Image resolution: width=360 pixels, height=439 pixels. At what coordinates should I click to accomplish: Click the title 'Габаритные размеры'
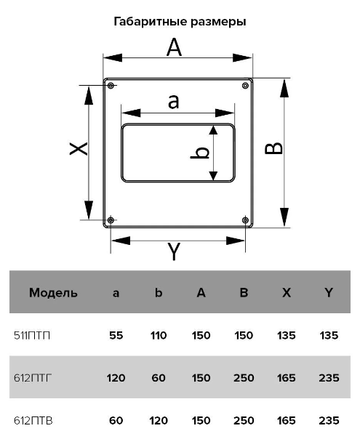coord(180,22)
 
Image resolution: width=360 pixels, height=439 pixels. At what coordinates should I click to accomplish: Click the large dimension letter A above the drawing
coord(174,47)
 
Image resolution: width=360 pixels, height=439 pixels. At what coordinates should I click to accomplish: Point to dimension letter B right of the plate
coord(273,148)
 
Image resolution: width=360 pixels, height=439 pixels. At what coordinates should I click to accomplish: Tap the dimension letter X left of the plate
coord(79,148)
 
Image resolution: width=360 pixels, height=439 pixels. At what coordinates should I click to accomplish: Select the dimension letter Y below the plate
coord(174,251)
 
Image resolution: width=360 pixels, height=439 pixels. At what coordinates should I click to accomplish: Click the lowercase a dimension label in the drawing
coord(173,102)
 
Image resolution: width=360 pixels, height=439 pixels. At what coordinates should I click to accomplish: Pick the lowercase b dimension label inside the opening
coord(200,153)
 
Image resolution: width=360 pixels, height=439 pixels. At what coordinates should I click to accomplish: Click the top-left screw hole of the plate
coord(111,85)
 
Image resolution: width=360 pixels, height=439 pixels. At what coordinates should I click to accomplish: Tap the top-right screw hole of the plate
coord(245,85)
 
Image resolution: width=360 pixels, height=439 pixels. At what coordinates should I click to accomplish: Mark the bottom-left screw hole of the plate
coord(111,220)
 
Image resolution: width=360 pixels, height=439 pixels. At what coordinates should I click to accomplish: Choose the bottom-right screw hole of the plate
coord(245,220)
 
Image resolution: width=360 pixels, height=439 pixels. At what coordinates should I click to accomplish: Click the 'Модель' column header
coord(53,293)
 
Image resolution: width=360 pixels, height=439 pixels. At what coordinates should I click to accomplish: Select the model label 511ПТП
coord(32,335)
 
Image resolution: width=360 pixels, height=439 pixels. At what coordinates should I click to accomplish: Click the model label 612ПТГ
coord(33,378)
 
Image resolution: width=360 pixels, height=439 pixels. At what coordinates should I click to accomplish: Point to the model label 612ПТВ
coord(33,421)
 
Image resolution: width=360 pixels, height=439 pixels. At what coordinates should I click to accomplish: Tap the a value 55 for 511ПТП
coord(116,335)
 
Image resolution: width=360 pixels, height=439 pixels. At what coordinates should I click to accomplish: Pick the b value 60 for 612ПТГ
coord(159,378)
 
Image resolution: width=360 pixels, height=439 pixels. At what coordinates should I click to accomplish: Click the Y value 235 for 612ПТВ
coord(329,421)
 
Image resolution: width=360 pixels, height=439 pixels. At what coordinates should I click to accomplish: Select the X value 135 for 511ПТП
coord(287,335)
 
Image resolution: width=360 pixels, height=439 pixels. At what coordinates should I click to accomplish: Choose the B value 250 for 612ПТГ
coord(244,378)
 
